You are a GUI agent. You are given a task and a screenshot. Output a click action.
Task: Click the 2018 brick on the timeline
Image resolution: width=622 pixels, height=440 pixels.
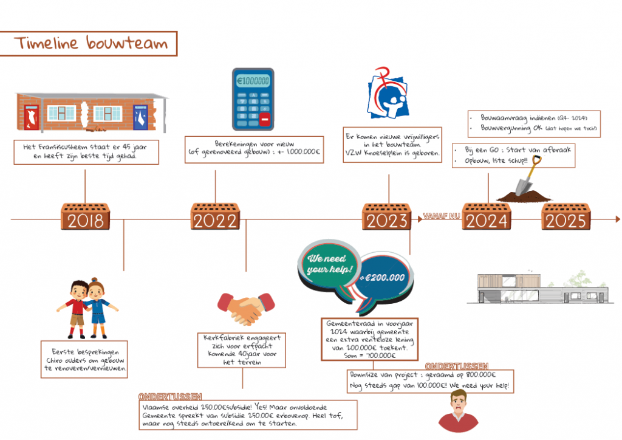(85, 217)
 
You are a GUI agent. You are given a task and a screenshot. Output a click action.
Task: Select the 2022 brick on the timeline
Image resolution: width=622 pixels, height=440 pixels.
(216, 217)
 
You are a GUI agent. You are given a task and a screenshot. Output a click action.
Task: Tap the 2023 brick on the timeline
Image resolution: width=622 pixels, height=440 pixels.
(387, 217)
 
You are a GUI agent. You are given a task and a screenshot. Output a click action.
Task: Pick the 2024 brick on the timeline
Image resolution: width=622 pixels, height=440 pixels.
(487, 217)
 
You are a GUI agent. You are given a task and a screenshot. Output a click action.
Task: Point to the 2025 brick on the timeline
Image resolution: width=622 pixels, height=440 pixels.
(565, 217)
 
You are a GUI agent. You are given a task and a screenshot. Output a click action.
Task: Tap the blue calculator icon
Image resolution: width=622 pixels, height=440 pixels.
(253, 99)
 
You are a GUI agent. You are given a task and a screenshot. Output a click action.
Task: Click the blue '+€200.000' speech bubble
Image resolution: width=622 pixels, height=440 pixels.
(383, 277)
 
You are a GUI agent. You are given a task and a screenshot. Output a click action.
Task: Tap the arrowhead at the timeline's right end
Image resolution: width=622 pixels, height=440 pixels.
(617, 219)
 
